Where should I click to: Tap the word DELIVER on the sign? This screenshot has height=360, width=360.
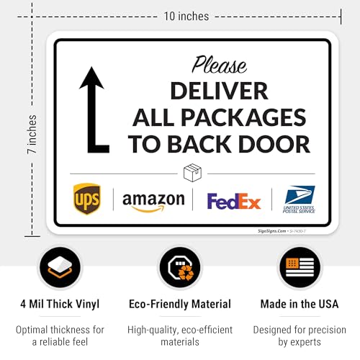[219, 91]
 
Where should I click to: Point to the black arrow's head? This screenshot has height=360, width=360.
[91, 78]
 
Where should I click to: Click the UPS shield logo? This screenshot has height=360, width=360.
[87, 198]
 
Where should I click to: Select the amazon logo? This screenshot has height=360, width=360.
[153, 199]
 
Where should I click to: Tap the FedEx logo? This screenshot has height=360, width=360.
[233, 201]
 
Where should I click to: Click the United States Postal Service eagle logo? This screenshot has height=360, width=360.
[300, 195]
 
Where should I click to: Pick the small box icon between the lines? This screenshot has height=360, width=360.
[192, 174]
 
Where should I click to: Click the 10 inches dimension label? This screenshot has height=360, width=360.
[186, 16]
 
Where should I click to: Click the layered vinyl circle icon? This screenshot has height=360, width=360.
[60, 268]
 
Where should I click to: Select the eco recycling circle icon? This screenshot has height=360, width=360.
[180, 268]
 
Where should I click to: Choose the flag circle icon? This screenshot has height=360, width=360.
[300, 268]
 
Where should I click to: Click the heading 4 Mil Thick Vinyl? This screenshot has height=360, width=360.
[60, 304]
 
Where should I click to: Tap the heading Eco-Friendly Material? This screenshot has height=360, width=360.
[180, 304]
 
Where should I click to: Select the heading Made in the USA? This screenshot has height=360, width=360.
[300, 304]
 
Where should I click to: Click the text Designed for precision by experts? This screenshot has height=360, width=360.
[300, 336]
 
